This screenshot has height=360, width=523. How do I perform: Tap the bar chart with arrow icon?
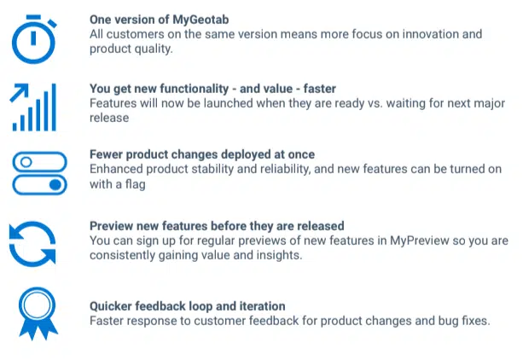(32, 107)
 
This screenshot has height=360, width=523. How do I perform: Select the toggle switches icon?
(39, 173)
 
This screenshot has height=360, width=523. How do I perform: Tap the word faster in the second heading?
(320, 89)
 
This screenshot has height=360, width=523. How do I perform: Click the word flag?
(135, 184)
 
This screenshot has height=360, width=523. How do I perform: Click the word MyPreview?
(419, 241)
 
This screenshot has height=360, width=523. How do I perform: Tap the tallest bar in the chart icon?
(54, 107)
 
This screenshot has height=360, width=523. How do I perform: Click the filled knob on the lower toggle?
(55, 184)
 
